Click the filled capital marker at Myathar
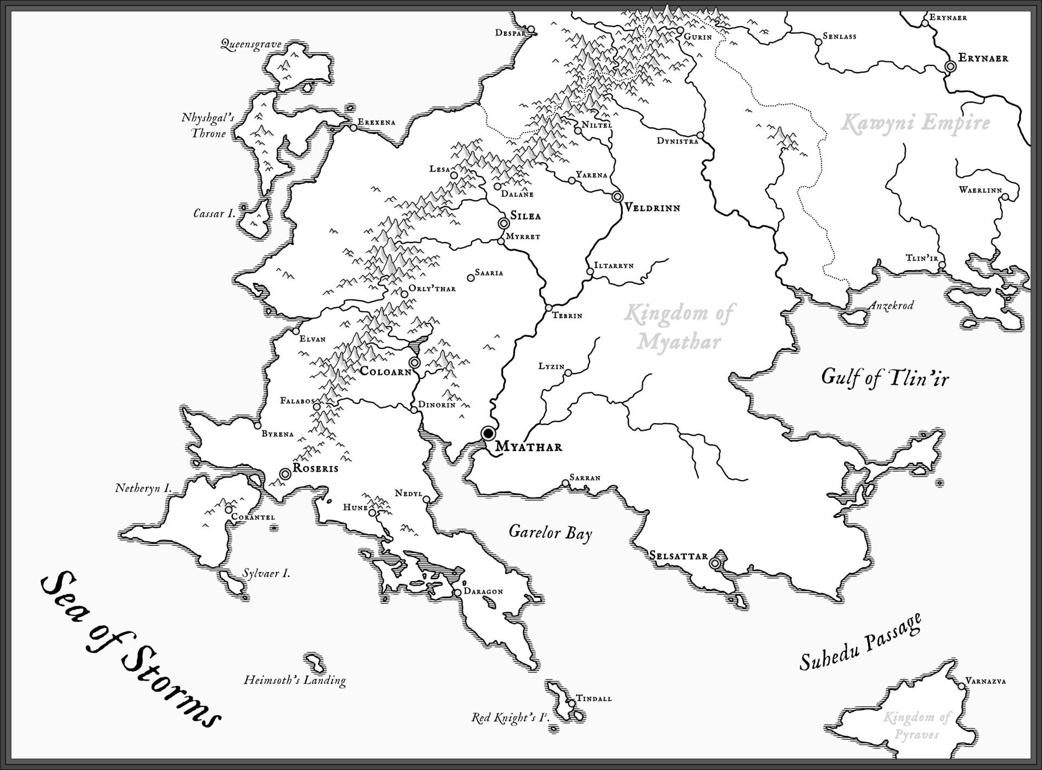[488, 433]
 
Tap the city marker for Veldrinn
[617, 196]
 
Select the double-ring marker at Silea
[504, 223]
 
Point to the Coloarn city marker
[415, 362]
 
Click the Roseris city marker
[285, 474]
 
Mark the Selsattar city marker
[715, 564]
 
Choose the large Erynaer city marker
[950, 66]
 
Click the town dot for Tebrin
[549, 308]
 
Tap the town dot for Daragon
[458, 593]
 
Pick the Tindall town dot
[571, 703]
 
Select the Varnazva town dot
[962, 686]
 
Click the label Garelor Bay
[550, 532]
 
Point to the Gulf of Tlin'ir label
[885, 378]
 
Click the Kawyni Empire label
[915, 123]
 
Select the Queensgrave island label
[251, 44]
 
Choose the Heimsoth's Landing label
[295, 680]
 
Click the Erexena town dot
[353, 128]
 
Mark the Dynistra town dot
[700, 135]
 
